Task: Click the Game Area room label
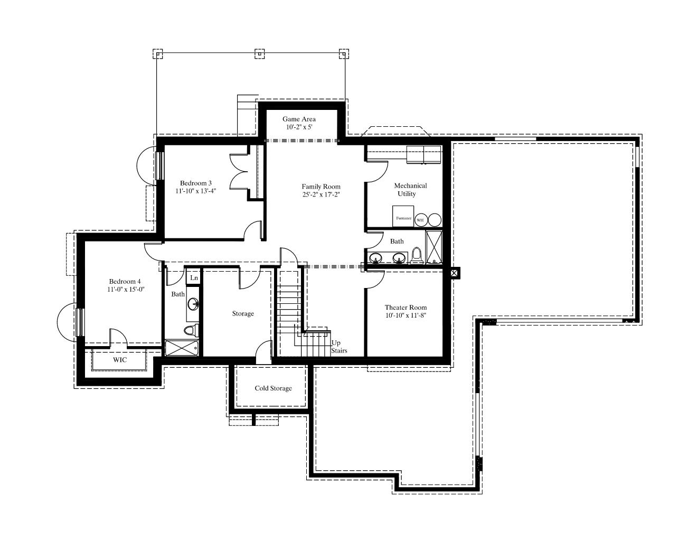(x=299, y=119)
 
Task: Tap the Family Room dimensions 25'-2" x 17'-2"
(x=321, y=194)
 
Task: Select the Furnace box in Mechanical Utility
(x=403, y=216)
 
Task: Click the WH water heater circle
(x=420, y=220)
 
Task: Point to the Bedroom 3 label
(x=196, y=183)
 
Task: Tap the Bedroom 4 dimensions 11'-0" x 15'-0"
(x=126, y=290)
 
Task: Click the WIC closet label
(x=120, y=360)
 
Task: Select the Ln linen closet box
(x=193, y=277)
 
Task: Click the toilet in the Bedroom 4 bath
(x=191, y=330)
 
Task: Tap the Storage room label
(x=243, y=314)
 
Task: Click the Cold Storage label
(x=274, y=388)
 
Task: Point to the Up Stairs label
(x=339, y=347)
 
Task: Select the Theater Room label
(x=406, y=308)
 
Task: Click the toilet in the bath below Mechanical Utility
(x=416, y=256)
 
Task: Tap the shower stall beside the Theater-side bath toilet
(x=434, y=247)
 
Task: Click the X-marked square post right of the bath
(x=454, y=273)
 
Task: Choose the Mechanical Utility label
(x=410, y=190)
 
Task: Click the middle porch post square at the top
(x=259, y=54)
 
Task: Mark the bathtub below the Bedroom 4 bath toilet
(x=182, y=348)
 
